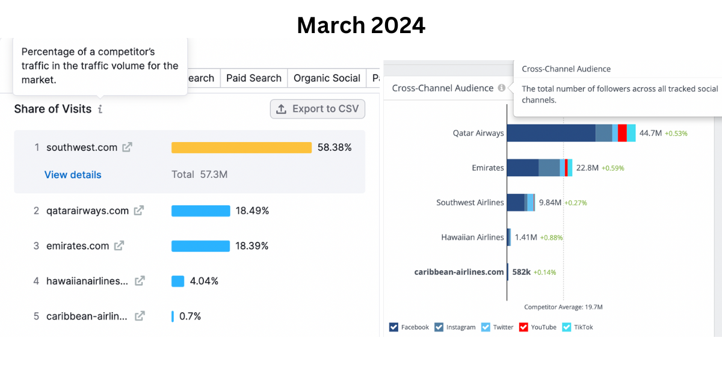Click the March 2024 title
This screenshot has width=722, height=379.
tap(361, 25)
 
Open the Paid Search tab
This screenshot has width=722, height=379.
tap(253, 78)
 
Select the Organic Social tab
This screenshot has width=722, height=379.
tap(327, 78)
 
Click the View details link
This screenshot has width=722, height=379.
tap(73, 174)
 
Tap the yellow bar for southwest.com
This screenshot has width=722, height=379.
tap(241, 147)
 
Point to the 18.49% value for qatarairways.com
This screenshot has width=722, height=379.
tap(252, 211)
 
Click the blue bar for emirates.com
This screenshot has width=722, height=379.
tap(200, 246)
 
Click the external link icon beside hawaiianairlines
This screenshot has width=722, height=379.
tap(140, 281)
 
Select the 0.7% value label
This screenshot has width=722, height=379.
tap(190, 316)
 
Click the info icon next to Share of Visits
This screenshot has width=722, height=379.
tap(100, 109)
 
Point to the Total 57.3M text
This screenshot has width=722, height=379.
tap(199, 174)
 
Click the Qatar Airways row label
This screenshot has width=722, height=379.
tap(478, 133)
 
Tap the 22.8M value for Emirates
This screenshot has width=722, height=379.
tap(587, 168)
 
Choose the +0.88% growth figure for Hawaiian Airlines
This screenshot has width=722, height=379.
tap(551, 238)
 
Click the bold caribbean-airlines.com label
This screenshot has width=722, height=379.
tap(459, 272)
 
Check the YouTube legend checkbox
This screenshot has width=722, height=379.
tap(523, 327)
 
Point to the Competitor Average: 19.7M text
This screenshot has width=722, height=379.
tap(563, 307)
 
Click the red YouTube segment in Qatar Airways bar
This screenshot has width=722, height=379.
tap(622, 133)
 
